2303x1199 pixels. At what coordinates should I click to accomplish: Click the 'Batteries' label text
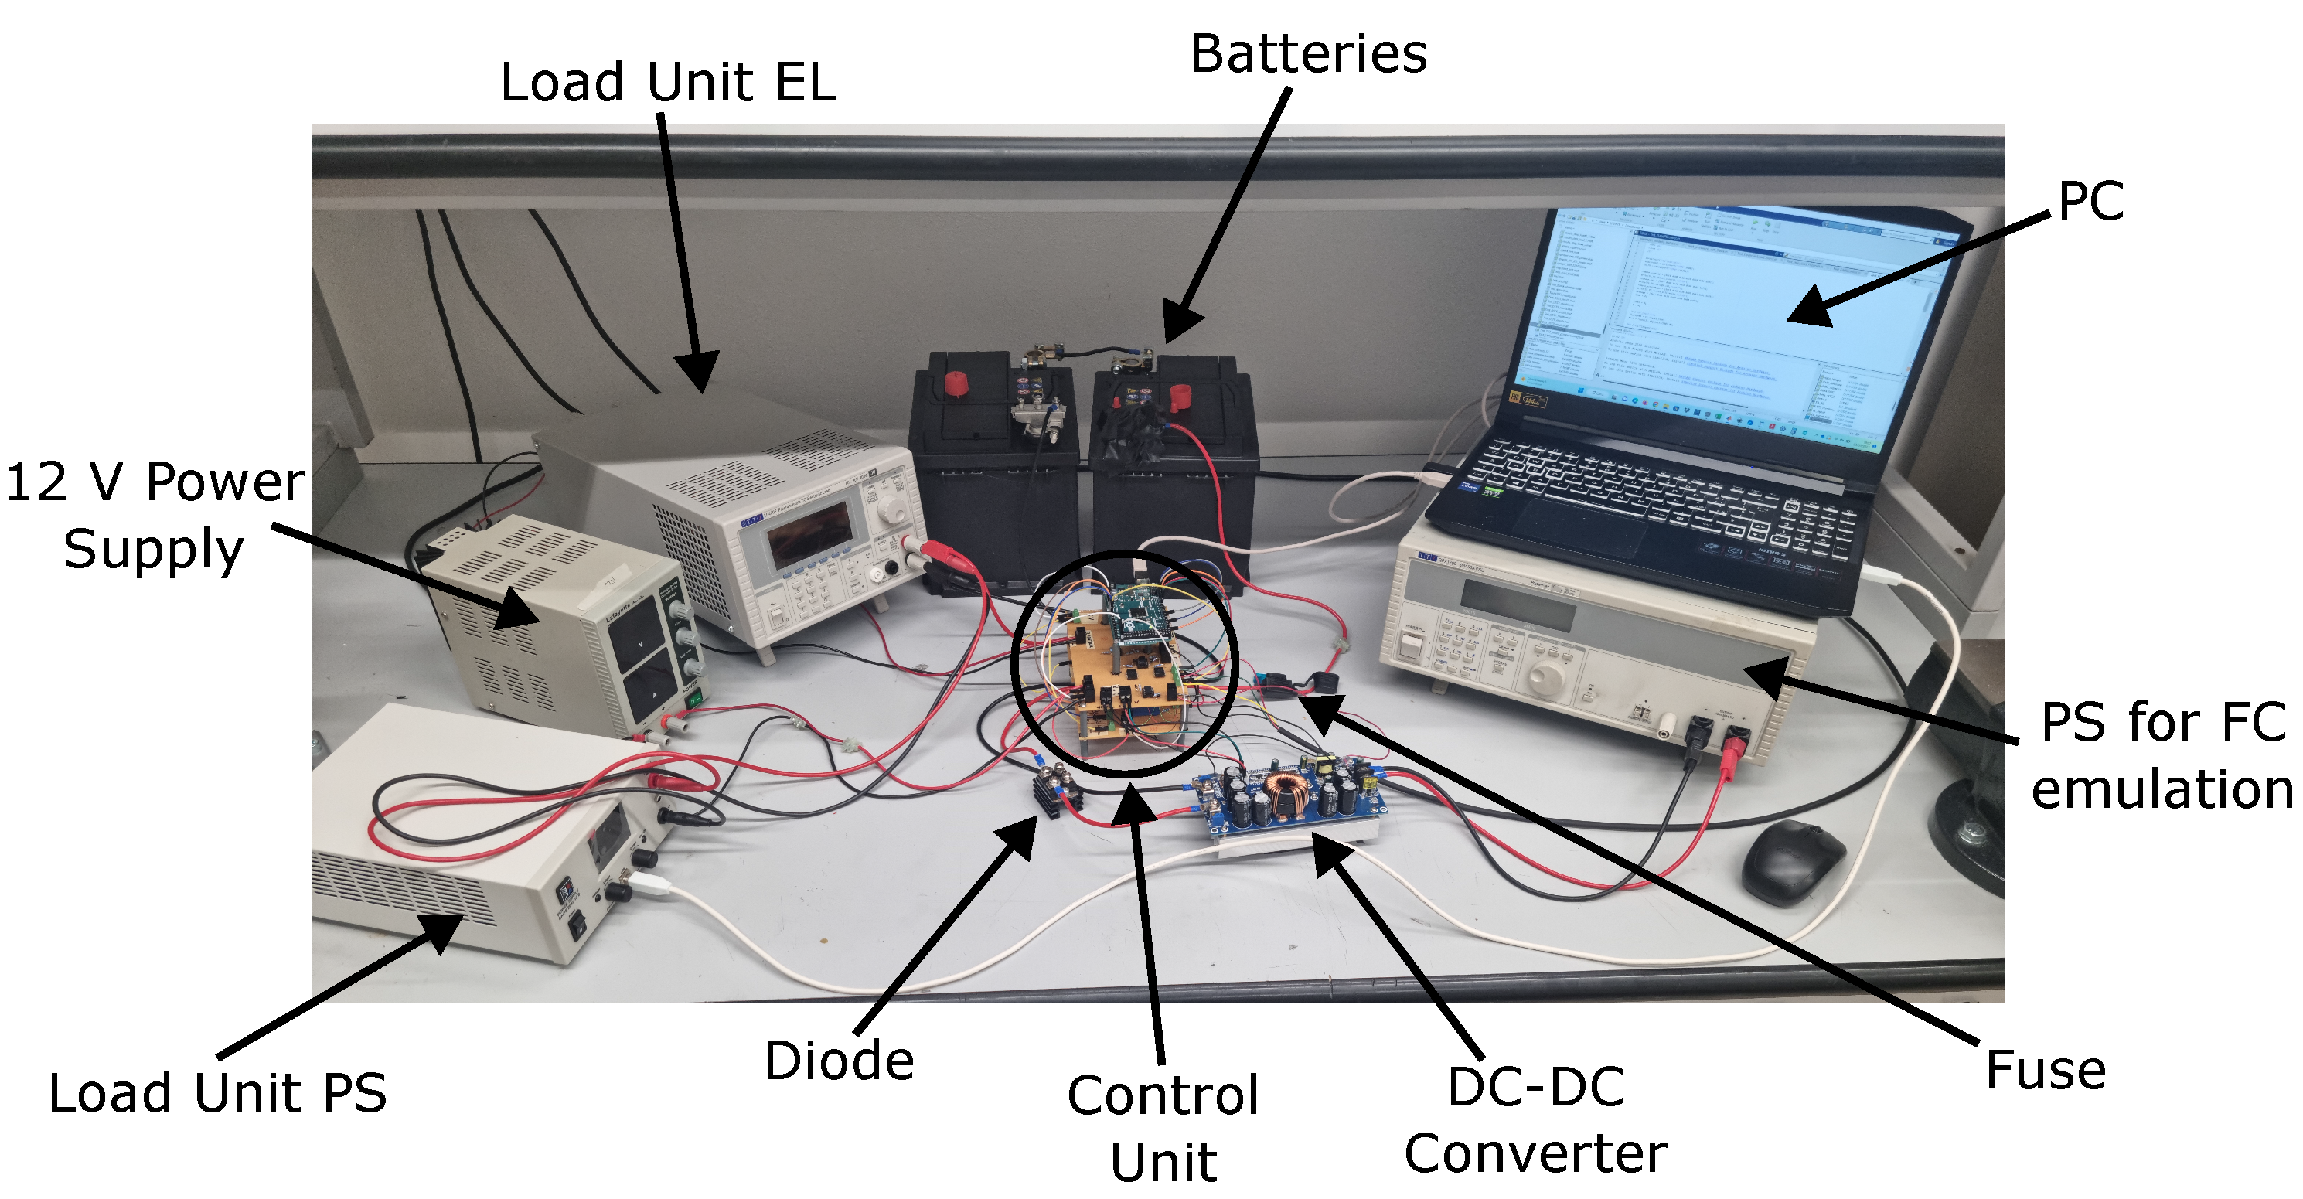tap(1307, 53)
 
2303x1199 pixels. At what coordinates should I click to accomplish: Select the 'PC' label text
tap(2090, 200)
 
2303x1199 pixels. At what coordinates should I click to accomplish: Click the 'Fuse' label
tap(2045, 1069)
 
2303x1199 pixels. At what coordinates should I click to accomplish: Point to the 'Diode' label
tap(839, 1061)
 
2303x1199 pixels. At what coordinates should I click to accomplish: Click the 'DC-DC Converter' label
tap(1535, 1119)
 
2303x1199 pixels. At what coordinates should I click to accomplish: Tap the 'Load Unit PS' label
tap(217, 1092)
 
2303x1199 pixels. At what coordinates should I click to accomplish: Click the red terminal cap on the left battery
tap(955, 384)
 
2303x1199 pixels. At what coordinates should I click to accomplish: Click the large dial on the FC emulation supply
tap(1545, 678)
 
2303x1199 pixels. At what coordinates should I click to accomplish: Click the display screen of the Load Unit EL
tap(809, 533)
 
